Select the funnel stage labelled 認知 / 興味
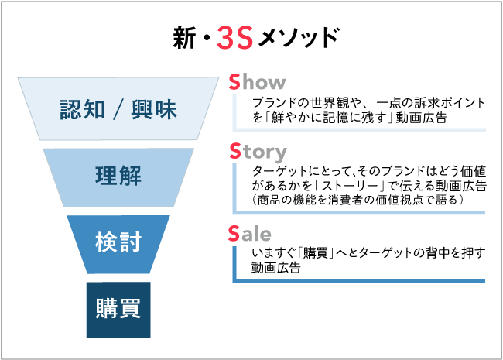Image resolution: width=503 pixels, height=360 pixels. pyautogui.click(x=118, y=109)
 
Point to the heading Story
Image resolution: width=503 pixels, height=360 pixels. pyautogui.click(x=258, y=150)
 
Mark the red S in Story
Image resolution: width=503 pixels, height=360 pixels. pyautogui.click(x=235, y=150)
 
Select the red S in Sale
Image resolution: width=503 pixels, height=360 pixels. pyautogui.click(x=235, y=233)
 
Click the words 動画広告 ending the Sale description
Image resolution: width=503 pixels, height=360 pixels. pyautogui.click(x=275, y=269)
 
